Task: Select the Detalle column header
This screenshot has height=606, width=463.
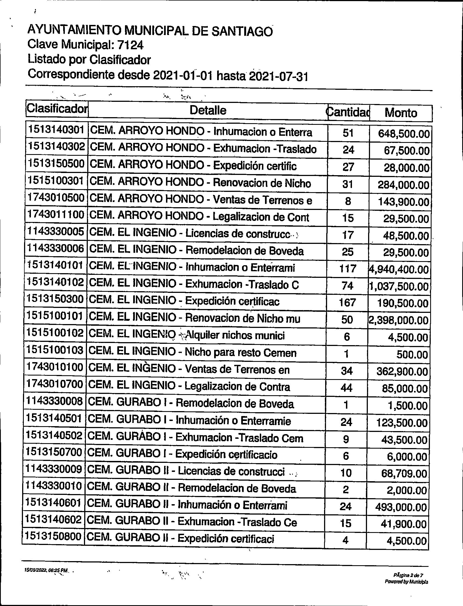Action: pos(208,110)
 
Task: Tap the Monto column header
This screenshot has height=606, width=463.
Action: pos(401,113)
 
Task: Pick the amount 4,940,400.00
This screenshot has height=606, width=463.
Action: pos(399,269)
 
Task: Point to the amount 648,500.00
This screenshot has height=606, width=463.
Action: pos(404,134)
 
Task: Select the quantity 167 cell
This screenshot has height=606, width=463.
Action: pos(347,302)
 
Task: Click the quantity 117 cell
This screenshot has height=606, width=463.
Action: pos(347,269)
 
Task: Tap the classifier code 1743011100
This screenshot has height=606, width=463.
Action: pos(56,215)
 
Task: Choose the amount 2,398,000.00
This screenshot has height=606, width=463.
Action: pos(398,320)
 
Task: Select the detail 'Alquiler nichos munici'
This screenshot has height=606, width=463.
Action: pos(235,336)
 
